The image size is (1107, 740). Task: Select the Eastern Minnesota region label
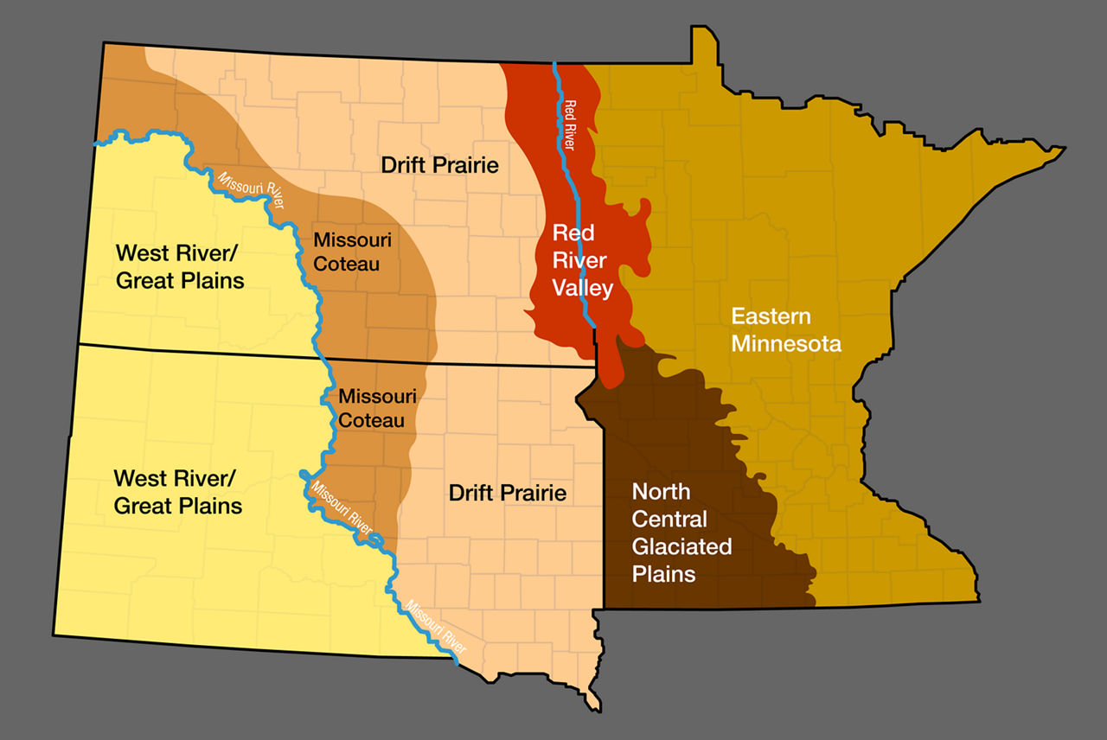pos(786,329)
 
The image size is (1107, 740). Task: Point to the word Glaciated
pos(681,546)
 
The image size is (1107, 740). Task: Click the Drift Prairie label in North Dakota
pos(440,164)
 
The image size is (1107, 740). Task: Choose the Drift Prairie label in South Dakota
pos(508,493)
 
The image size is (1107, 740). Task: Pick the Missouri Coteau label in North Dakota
pos(346,251)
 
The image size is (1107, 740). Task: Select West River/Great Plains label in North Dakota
pos(180,266)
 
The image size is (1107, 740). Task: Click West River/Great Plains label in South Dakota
pos(178,492)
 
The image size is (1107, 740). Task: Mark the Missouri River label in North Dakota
pos(252,191)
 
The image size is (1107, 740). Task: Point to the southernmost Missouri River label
pos(436,626)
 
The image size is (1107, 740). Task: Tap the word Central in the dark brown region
pos(669,519)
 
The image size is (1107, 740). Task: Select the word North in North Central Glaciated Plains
pos(661,491)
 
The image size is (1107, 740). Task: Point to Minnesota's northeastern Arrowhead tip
pos(1062,144)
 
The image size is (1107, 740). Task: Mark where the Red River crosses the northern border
pos(554,63)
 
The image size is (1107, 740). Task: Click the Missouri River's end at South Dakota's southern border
pos(455,663)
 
